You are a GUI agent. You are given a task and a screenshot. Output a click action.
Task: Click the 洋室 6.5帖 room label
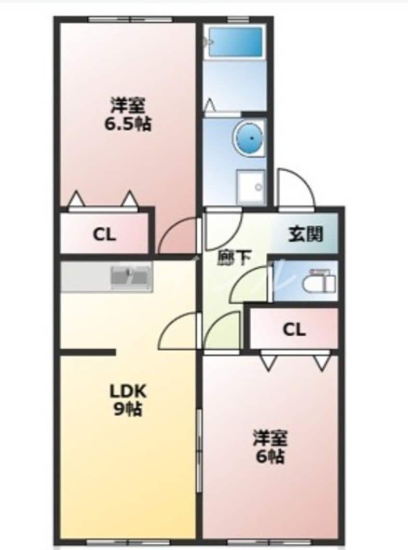(x=128, y=114)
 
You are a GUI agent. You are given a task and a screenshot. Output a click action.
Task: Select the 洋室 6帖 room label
(x=270, y=446)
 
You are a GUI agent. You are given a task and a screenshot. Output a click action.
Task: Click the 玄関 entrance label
(x=306, y=234)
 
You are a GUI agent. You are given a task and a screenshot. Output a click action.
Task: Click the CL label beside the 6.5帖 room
(x=104, y=234)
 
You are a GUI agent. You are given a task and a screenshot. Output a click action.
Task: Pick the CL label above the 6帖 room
(x=294, y=329)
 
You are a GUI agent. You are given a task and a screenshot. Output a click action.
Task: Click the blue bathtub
(x=235, y=42)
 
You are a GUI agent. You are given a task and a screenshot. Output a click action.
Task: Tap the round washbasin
(x=249, y=138)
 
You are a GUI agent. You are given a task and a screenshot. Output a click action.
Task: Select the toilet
(x=319, y=281)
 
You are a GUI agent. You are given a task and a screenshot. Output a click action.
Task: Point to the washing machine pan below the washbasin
(x=250, y=187)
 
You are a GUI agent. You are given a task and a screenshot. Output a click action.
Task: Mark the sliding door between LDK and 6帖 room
(x=199, y=450)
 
